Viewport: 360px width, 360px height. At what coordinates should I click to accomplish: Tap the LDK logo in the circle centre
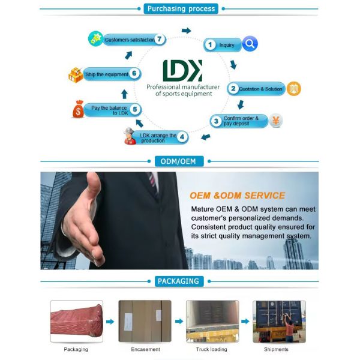coord(182,71)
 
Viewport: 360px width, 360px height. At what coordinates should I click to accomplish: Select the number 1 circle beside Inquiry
coord(210,44)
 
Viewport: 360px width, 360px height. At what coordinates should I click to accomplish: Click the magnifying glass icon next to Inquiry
coord(250,43)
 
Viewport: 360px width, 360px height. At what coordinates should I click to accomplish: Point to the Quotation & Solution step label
coord(260,89)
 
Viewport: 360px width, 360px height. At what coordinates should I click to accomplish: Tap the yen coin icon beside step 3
coord(275,120)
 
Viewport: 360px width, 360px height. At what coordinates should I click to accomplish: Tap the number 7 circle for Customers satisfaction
coord(160,40)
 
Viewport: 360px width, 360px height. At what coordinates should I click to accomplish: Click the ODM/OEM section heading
coord(179,161)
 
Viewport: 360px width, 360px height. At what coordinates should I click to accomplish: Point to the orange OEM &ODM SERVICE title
coord(237,195)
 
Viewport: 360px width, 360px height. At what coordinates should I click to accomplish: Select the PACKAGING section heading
coord(179,281)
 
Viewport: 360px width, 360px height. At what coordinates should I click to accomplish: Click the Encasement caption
coord(145,349)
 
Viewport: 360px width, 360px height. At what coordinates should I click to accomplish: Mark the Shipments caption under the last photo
coord(276,349)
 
